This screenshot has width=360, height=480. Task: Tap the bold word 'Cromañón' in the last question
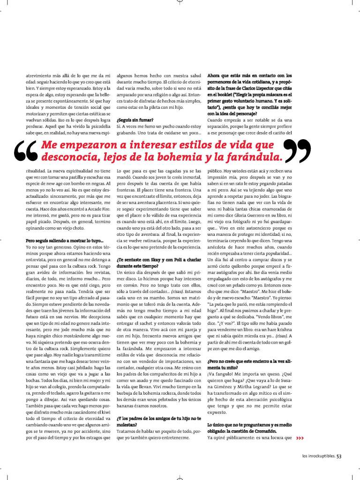264,431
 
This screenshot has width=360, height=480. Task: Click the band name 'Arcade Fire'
98,208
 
